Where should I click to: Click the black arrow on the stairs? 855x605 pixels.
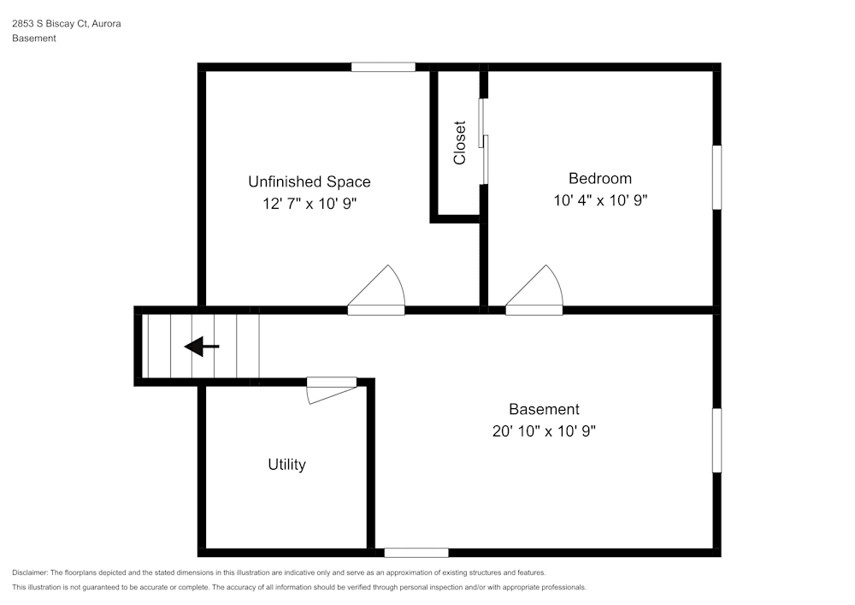click(202, 347)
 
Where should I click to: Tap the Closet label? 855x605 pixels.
click(460, 142)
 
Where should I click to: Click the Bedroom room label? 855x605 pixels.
click(599, 179)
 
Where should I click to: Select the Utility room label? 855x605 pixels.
click(286, 465)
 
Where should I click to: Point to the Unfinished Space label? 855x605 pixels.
click(309, 181)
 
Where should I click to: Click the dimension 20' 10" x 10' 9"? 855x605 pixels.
click(544, 431)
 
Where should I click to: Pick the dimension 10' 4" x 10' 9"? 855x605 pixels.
click(599, 201)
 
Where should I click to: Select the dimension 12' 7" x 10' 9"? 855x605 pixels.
click(309, 204)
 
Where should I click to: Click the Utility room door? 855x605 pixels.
click(332, 390)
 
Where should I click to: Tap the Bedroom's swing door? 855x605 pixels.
click(535, 291)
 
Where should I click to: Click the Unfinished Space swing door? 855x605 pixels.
click(377, 291)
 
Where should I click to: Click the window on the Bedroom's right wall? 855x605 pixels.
click(716, 177)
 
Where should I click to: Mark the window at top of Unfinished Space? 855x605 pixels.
click(383, 67)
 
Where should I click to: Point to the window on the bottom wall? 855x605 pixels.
click(416, 553)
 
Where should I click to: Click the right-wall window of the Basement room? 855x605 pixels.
click(716, 440)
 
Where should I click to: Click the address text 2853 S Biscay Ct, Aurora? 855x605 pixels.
click(66, 24)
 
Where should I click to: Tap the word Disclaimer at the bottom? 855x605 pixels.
click(29, 572)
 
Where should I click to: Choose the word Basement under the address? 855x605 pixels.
click(34, 39)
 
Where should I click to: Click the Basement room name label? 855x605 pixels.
click(544, 409)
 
